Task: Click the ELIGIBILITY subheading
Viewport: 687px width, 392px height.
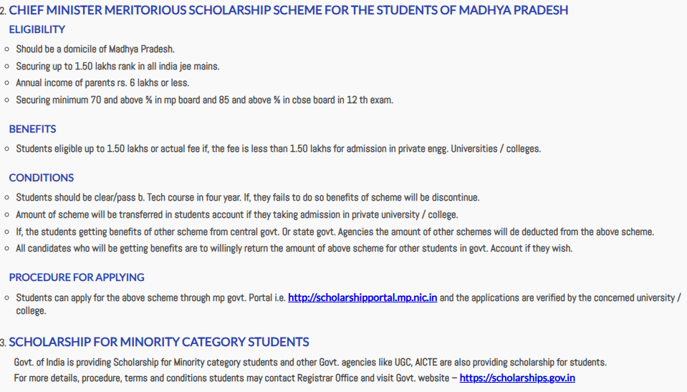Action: (37, 29)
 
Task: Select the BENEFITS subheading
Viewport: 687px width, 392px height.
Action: (32, 129)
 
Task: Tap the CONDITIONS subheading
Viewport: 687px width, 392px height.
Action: (41, 178)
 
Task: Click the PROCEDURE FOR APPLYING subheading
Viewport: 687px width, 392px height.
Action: (77, 277)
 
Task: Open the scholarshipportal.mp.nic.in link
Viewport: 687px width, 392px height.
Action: (362, 297)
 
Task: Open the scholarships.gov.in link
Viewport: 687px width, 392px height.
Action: (517, 378)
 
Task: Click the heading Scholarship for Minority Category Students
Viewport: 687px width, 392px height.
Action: (159, 342)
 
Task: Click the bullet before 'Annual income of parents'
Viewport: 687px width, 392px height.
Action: (6, 83)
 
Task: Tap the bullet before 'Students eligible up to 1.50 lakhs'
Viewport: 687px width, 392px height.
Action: (6, 149)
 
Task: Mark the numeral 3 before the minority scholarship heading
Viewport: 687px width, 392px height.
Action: (3, 343)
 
